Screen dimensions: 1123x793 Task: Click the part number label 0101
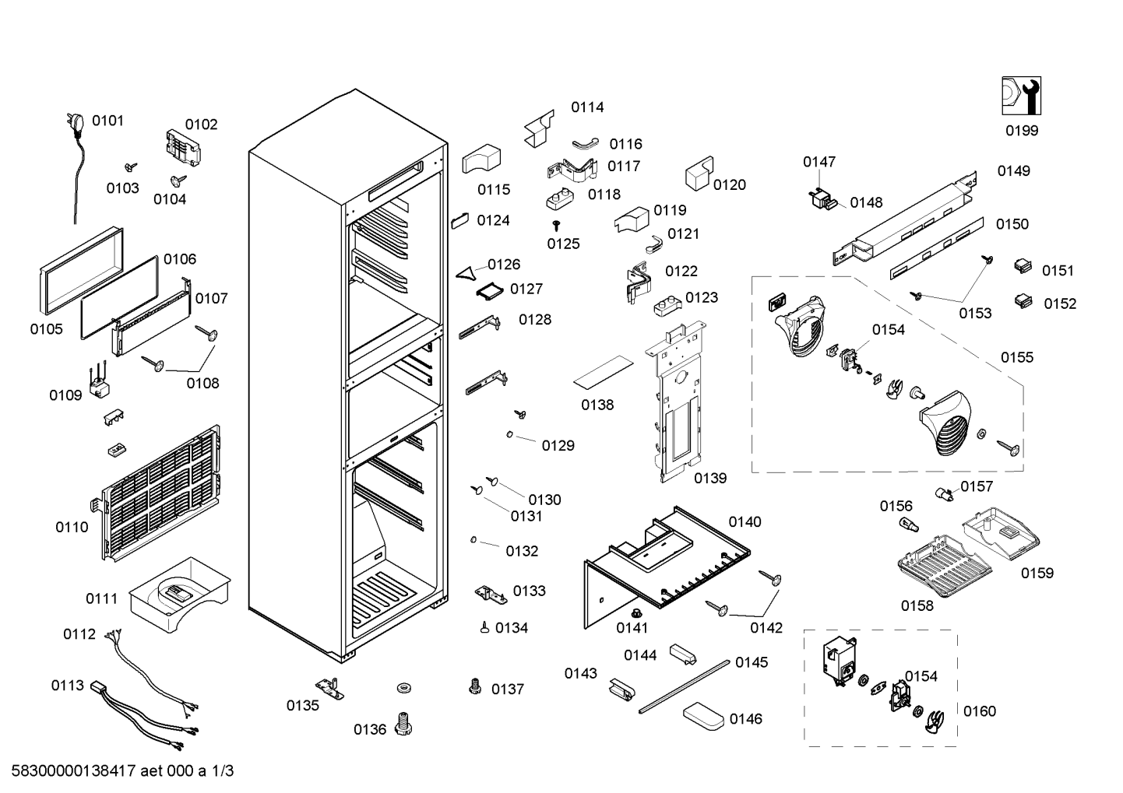pyautogui.click(x=107, y=121)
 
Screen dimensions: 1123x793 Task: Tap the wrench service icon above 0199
pyautogui.click(x=1021, y=96)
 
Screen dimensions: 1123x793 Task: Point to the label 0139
pyautogui.click(x=710, y=479)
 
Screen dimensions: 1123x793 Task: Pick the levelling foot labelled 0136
pyautogui.click(x=403, y=724)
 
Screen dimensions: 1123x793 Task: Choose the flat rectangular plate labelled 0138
pyautogui.click(x=604, y=372)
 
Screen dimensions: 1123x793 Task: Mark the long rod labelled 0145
pyautogui.click(x=685, y=687)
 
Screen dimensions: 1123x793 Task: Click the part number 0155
pyautogui.click(x=1017, y=358)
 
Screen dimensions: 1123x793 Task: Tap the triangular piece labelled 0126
pyautogui.click(x=466, y=273)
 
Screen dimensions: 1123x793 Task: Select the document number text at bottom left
pyautogui.click(x=122, y=770)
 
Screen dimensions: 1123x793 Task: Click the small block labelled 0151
pyautogui.click(x=1023, y=266)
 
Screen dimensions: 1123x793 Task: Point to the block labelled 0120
pyautogui.click(x=699, y=174)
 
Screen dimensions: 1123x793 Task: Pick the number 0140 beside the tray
pyautogui.click(x=745, y=522)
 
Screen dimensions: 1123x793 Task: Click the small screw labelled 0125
pyautogui.click(x=556, y=226)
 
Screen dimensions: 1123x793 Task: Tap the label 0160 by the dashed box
pyautogui.click(x=979, y=711)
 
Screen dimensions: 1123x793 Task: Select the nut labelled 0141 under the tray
pyautogui.click(x=636, y=612)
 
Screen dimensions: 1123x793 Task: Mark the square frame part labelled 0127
pyautogui.click(x=489, y=291)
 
